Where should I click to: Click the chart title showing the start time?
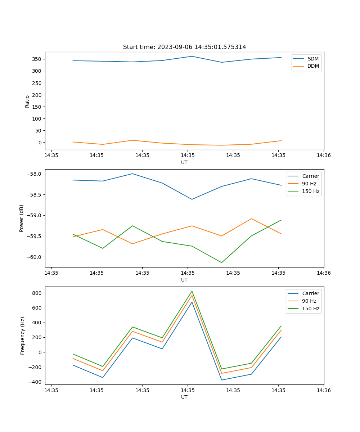(184, 47)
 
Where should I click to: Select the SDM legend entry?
(313, 59)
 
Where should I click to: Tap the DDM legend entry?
(313, 66)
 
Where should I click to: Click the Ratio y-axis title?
(27, 101)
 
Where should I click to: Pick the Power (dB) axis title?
(22, 218)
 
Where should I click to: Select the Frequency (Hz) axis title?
(22, 336)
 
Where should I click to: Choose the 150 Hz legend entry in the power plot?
(311, 191)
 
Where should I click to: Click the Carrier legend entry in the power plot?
(310, 176)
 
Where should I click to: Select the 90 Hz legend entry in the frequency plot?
(309, 301)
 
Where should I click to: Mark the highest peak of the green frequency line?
(192, 291)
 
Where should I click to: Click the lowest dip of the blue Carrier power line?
(192, 199)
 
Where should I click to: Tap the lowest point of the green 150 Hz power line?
(221, 262)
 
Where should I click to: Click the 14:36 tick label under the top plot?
(323, 156)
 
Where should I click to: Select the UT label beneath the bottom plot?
(184, 397)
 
